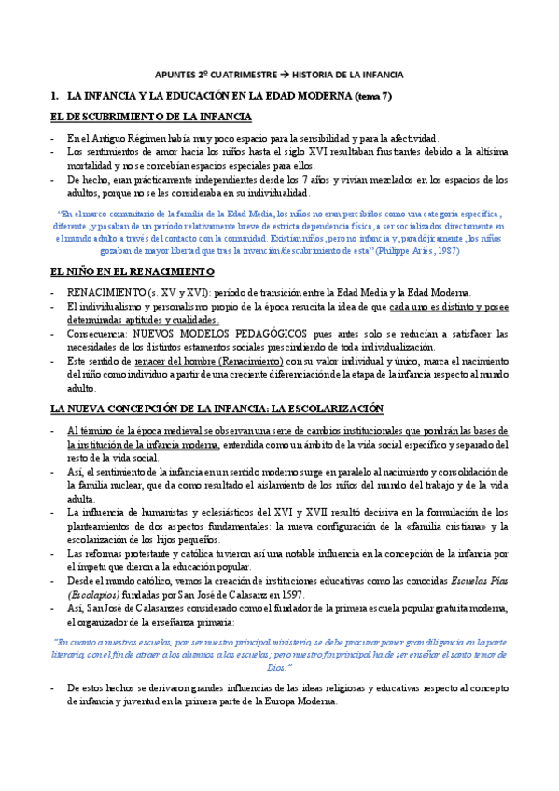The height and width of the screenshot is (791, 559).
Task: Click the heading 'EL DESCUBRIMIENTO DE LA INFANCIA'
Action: coord(150,117)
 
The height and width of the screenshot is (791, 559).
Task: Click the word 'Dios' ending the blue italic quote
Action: coord(277,668)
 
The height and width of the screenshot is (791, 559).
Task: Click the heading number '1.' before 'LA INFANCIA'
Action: coord(54,96)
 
